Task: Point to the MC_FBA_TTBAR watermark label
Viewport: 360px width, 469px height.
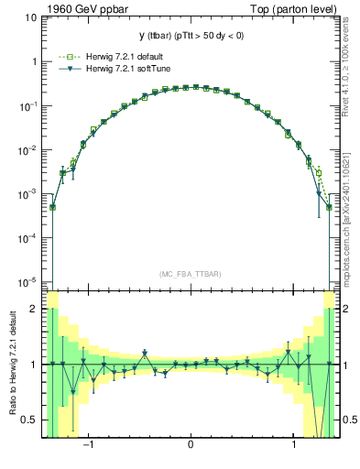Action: [191, 274]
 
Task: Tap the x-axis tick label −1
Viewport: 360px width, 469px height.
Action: [88, 447]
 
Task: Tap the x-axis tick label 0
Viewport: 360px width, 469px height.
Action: [191, 447]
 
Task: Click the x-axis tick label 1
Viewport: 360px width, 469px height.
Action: [293, 447]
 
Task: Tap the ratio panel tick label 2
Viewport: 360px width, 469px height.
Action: [33, 310]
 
